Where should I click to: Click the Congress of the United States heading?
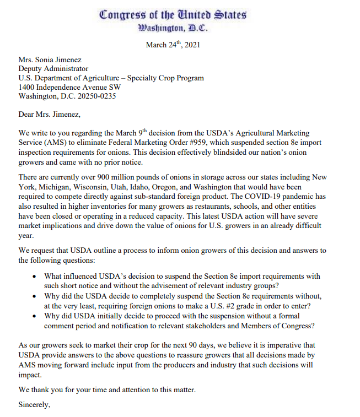point(173,15)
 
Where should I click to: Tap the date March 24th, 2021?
point(173,45)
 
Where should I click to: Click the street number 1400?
point(27,87)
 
